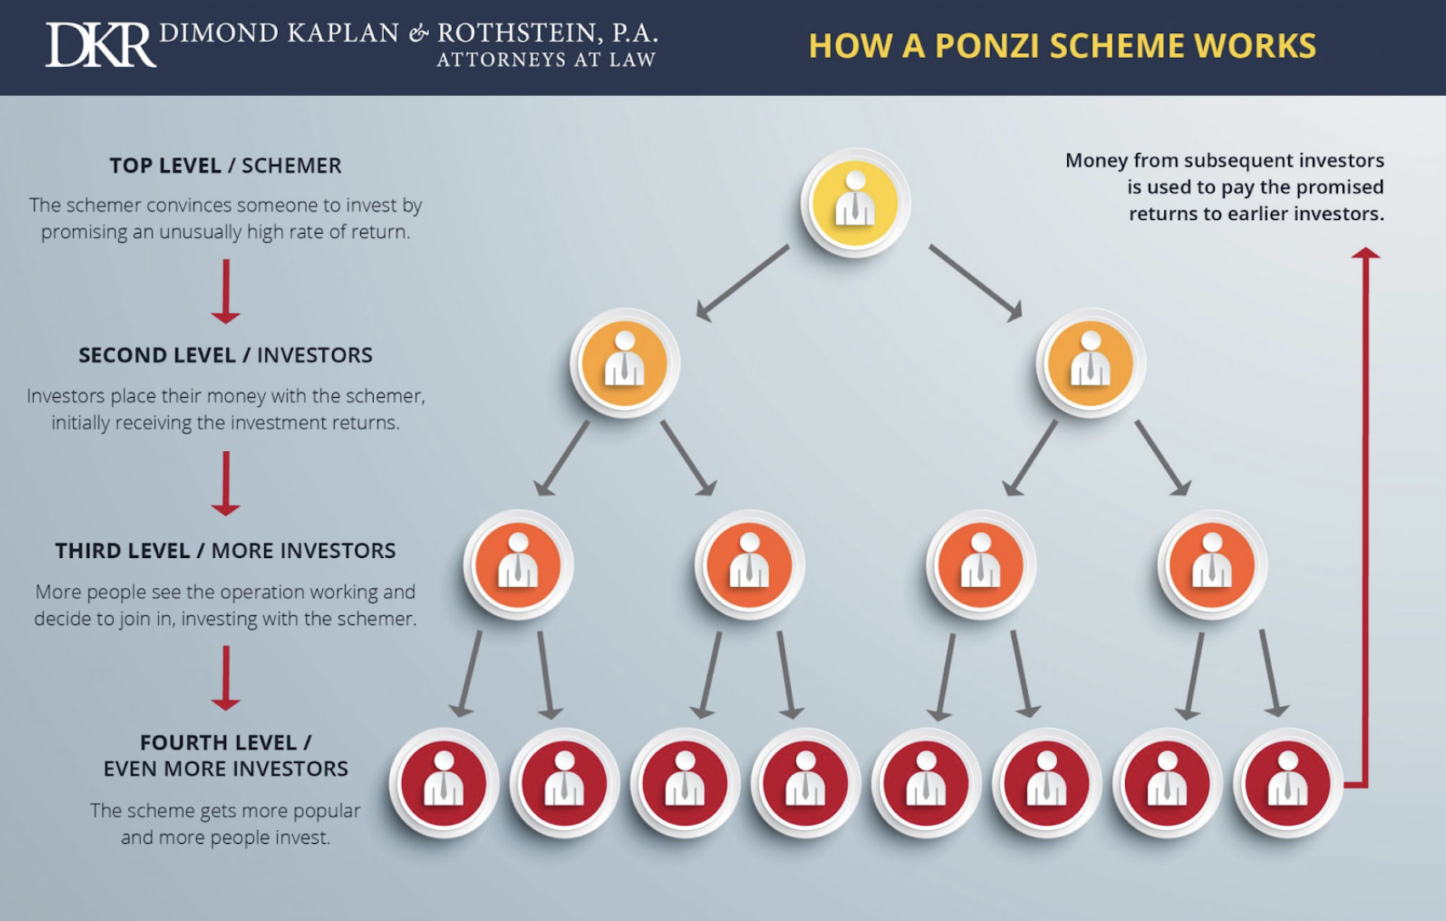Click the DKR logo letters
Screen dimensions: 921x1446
pos(100,45)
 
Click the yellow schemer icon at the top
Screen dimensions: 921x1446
pos(855,203)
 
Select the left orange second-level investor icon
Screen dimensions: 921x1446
pos(624,363)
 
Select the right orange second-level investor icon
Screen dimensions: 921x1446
pos(1090,363)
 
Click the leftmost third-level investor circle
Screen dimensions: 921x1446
pos(518,564)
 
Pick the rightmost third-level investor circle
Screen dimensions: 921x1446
pos(1212,564)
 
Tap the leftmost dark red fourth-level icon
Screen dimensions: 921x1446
pos(443,783)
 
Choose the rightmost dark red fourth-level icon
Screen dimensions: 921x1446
pos(1288,783)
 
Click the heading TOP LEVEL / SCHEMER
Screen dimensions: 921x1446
pos(225,166)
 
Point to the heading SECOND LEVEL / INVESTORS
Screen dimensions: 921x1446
pos(225,355)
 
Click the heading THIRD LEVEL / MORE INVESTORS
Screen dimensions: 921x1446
pos(225,551)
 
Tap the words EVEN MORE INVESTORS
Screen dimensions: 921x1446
pos(225,769)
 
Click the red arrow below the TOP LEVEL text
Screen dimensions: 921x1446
pos(226,291)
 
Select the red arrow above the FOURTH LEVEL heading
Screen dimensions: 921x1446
pos(226,677)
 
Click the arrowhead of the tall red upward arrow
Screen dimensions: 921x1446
pos(1365,253)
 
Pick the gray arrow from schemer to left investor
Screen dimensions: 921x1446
pos(742,283)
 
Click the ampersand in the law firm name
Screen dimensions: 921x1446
pos(418,34)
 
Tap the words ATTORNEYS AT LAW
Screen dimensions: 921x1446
pos(545,60)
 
